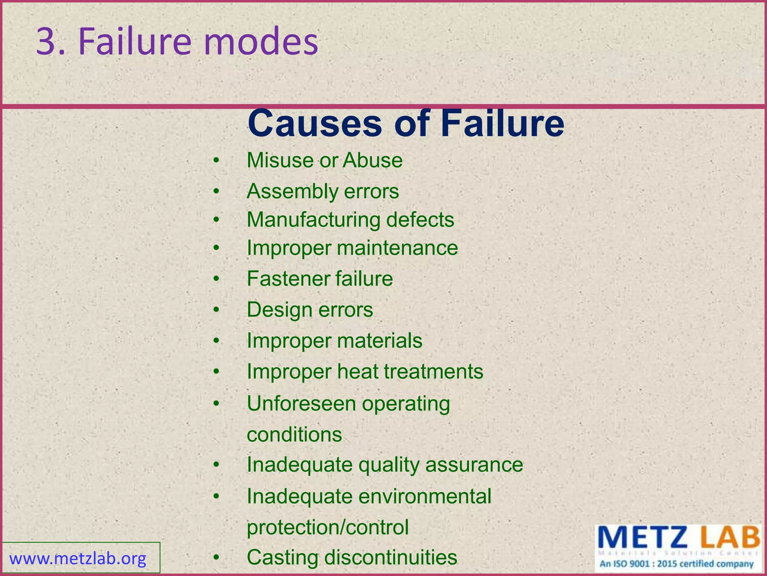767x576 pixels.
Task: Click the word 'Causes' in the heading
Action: (315, 123)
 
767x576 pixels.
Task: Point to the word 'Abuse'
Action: (373, 160)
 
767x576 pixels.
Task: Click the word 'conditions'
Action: (294, 435)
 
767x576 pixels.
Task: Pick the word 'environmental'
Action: (425, 496)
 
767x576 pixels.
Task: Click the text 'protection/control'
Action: (328, 527)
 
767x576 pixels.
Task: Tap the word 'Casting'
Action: (282, 557)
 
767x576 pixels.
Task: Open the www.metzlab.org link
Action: (78, 559)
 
